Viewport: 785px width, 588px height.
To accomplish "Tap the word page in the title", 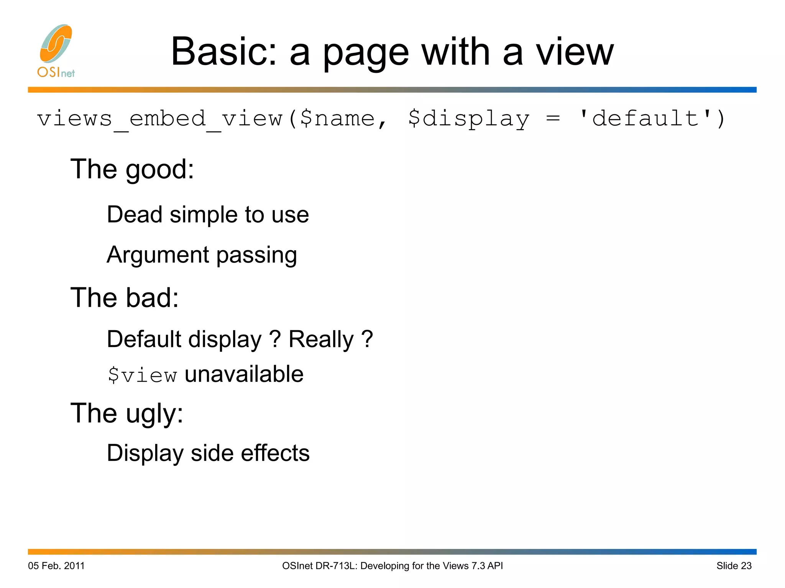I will [366, 54].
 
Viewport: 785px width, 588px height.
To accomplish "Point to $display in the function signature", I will [468, 119].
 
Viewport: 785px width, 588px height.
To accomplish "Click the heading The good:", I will [132, 169].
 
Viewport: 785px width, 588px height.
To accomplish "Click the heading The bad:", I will [125, 298].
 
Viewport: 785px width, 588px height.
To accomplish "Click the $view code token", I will [142, 375].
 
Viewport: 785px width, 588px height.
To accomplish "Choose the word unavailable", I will [244, 374].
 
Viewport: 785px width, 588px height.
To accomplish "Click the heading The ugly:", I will [127, 414].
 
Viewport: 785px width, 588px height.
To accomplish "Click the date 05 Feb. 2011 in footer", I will [56, 566].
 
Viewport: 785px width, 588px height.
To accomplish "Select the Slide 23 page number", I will [734, 566].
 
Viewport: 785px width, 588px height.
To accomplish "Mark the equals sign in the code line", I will [553, 119].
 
